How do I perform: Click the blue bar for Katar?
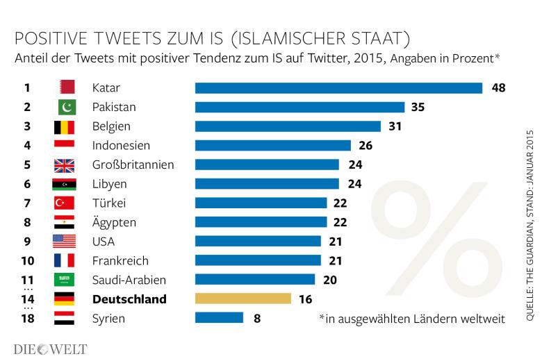338,88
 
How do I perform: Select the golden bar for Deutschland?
243,299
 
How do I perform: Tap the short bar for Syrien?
219,318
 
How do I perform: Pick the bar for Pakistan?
299,108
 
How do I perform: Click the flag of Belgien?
64,127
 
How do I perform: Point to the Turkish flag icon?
64,203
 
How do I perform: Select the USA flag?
64,242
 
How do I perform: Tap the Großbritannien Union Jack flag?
64,165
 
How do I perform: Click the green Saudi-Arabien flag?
64,280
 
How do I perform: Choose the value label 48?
498,88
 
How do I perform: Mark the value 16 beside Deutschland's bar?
306,299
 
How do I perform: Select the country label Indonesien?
121,146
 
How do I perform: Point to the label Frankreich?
120,261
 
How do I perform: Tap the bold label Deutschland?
129,299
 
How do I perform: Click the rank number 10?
27,261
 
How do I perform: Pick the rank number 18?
27,319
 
